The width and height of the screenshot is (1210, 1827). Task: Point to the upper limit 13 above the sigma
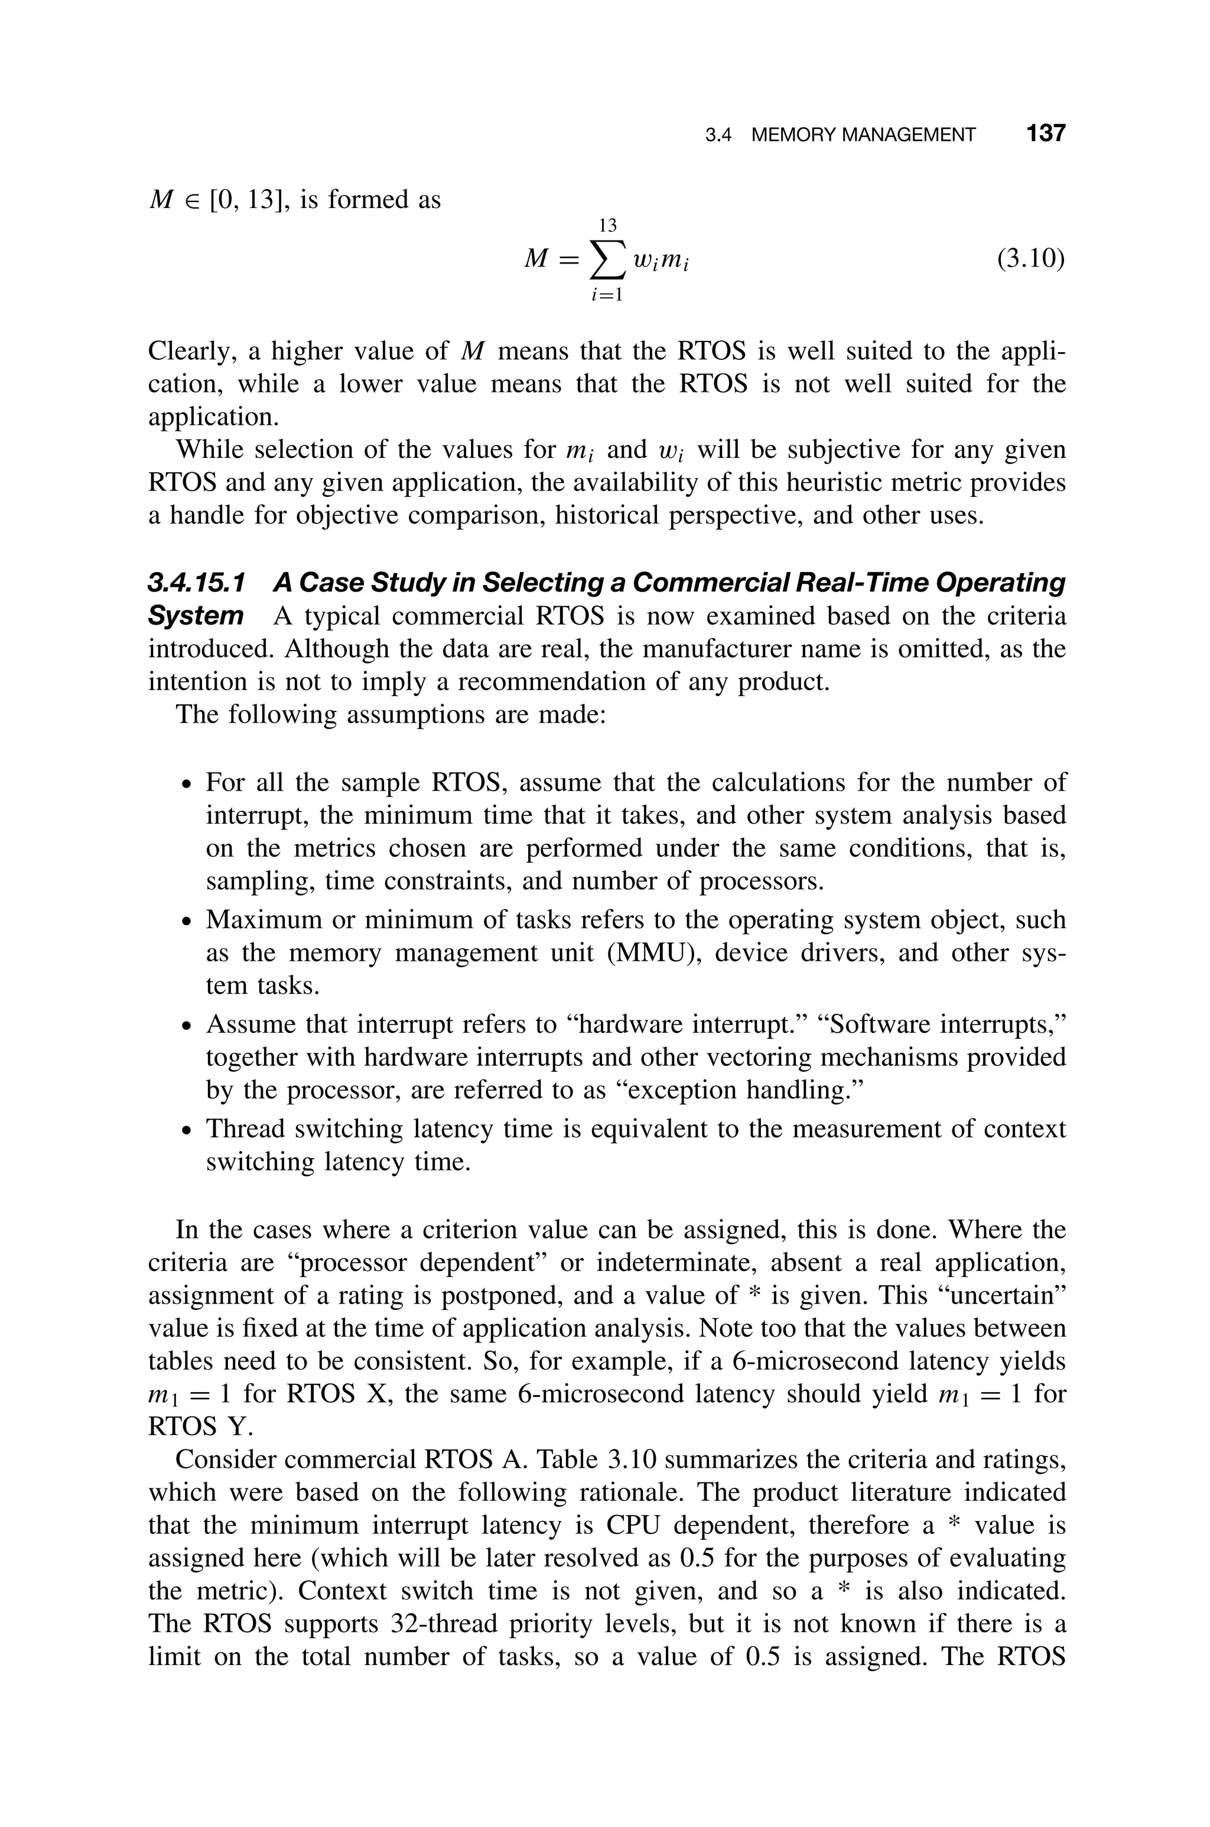click(x=608, y=225)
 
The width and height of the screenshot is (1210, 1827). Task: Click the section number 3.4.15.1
click(x=196, y=583)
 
